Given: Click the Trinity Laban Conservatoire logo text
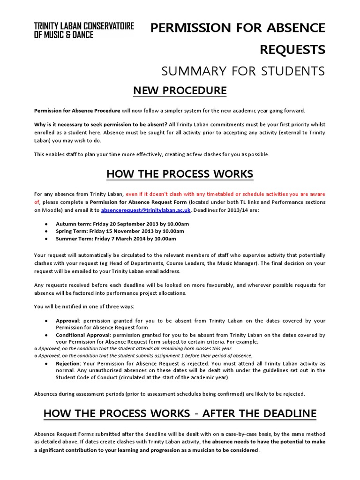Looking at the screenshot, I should click(84, 30).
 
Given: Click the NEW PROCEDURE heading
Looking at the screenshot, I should click(180, 90).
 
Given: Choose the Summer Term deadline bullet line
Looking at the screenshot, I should click(116, 239).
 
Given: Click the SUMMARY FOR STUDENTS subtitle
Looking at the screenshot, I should click(243, 71).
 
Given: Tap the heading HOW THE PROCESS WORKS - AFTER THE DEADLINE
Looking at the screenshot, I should click(180, 413).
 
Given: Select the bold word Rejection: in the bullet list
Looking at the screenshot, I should click(68, 363).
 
